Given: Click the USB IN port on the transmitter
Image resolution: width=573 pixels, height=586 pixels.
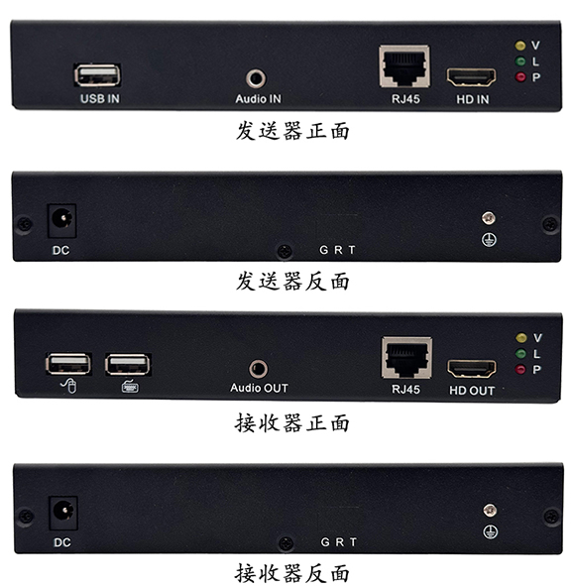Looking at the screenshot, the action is (97, 75).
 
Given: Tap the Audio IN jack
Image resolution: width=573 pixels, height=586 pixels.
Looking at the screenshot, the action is (256, 78).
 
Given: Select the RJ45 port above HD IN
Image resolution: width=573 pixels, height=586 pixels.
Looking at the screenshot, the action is (404, 66).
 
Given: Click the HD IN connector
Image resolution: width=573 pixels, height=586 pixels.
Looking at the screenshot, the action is (472, 77).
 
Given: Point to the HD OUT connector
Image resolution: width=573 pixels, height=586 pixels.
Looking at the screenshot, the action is (472, 368).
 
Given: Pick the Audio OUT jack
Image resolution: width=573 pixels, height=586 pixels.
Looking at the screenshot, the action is (258, 369).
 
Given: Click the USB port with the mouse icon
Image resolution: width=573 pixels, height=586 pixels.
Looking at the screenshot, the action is (68, 364).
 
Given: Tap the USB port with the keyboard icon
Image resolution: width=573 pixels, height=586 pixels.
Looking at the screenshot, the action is (128, 364).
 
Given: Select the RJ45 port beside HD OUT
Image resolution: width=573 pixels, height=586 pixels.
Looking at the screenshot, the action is (406, 358).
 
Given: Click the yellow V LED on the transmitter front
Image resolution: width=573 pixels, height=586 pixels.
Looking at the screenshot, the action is (519, 46).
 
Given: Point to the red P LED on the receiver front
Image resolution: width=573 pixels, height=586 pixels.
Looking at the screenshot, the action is (520, 369).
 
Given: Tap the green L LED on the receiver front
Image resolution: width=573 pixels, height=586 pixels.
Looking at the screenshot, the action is (520, 353).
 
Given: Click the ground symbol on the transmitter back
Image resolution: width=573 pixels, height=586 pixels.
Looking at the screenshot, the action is (489, 240).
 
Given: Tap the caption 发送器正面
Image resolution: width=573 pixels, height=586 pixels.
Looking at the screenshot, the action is (292, 131).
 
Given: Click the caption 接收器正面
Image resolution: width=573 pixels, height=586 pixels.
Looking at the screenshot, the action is (292, 423).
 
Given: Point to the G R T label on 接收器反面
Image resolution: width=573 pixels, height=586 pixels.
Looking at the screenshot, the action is (339, 542).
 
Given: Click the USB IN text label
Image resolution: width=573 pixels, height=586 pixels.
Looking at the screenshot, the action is (100, 99).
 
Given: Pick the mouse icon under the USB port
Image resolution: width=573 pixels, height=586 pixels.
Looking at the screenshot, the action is (68, 386).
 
